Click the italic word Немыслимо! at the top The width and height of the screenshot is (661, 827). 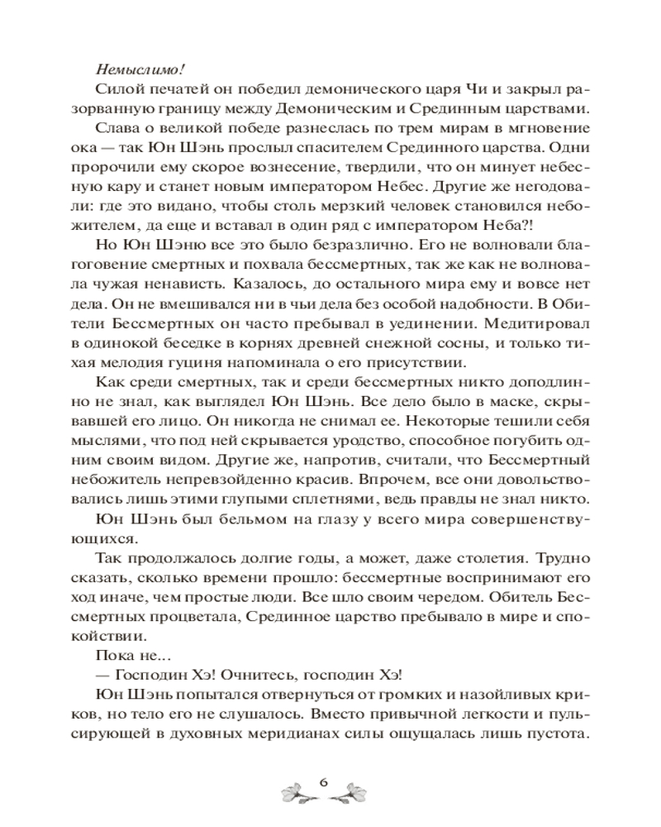134,70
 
